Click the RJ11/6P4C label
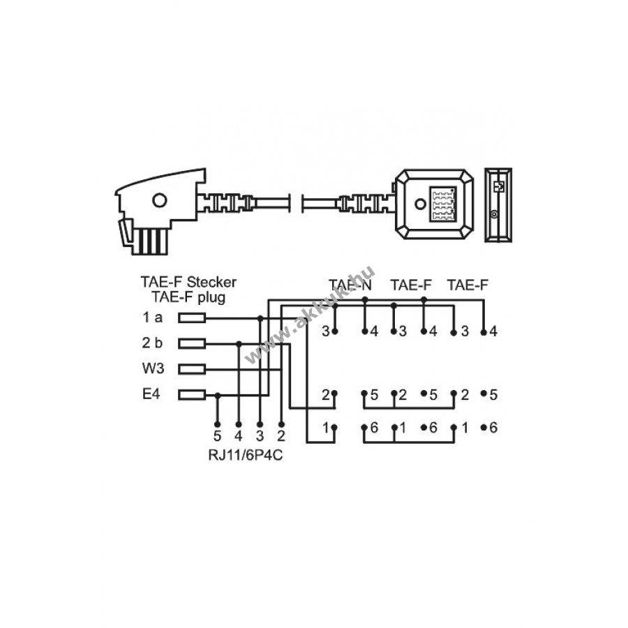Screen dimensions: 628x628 click(245, 456)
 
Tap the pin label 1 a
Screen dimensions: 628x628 click(153, 317)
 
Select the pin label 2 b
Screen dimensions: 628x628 click(152, 343)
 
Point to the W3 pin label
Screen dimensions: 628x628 click(153, 368)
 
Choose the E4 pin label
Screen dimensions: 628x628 click(151, 394)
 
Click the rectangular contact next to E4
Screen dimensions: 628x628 click(192, 396)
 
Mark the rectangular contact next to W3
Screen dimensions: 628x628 click(192, 369)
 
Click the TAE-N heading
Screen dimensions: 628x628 click(350, 285)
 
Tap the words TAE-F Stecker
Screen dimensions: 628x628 click(188, 282)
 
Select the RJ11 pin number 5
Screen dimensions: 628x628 click(218, 435)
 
